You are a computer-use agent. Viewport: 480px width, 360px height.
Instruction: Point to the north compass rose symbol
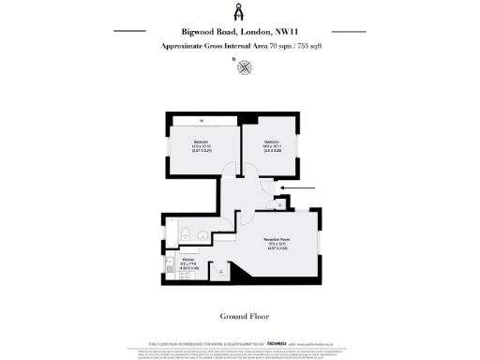[245, 67]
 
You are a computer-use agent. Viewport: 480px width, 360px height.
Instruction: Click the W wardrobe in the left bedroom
[202, 119]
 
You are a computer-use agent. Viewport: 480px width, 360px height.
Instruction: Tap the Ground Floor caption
[239, 316]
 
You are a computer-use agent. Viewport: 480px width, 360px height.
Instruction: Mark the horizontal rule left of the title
[131, 31]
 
